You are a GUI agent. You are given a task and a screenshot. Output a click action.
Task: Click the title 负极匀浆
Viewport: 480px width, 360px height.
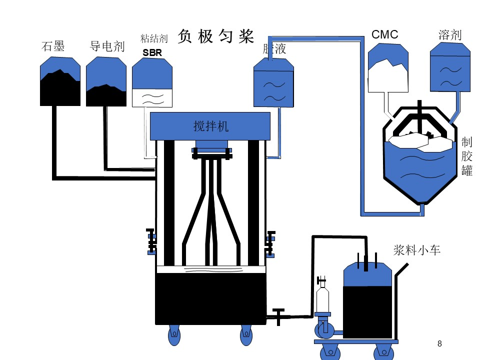coord(216,36)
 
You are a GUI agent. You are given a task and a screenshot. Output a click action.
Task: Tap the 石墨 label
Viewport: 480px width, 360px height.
coord(53,46)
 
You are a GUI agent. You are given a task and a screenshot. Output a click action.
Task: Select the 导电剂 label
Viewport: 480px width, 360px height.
coord(107,46)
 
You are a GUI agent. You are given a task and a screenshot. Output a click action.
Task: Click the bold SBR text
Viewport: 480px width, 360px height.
coord(152,52)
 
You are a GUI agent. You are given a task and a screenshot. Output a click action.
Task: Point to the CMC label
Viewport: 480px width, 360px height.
coord(385,34)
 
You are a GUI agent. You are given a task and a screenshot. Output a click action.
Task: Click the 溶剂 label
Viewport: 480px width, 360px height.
coord(450,35)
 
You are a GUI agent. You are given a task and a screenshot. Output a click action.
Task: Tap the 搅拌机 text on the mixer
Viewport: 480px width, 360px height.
coord(211,126)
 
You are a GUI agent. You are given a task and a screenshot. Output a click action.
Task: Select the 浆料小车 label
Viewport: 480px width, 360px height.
coord(417,250)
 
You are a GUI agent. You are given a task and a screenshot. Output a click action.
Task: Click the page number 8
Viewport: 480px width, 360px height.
coord(439,343)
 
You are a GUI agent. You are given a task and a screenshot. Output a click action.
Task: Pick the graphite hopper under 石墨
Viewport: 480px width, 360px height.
coord(60,81)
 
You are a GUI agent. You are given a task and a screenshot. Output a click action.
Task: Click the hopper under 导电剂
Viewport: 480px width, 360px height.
coord(106,81)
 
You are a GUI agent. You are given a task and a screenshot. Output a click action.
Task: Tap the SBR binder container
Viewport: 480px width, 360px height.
coord(152,82)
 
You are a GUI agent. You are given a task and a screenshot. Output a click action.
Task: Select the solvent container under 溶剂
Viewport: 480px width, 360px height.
coord(450,67)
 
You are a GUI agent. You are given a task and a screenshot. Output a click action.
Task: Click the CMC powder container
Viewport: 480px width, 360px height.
coord(388,67)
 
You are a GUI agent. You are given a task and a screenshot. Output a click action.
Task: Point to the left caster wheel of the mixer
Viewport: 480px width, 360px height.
coord(174,335)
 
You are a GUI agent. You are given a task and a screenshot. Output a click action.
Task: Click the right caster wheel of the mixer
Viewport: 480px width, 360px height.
coord(246,335)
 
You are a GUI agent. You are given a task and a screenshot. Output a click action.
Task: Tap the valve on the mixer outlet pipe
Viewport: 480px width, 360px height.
coord(278,316)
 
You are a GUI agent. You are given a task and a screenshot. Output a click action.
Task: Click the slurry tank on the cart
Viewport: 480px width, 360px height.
coord(367,300)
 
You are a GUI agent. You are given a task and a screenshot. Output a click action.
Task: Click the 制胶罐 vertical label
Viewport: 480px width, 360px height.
coord(467,156)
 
